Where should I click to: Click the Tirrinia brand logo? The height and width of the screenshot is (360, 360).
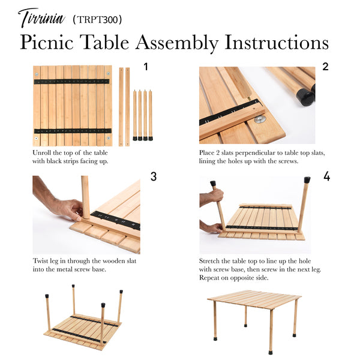(x=41, y=18)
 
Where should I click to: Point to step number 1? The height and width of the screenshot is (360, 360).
(x=145, y=66)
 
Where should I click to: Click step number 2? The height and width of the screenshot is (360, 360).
(x=325, y=67)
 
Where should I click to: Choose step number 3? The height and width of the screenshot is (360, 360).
(x=154, y=176)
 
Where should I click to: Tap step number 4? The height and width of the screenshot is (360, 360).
(x=326, y=176)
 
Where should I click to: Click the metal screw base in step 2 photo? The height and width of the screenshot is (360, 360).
(x=260, y=119)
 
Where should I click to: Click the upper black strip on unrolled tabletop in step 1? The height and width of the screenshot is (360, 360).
(x=73, y=81)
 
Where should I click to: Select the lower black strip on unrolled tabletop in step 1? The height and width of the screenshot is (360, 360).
(x=73, y=130)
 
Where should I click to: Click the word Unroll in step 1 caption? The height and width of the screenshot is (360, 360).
(x=43, y=153)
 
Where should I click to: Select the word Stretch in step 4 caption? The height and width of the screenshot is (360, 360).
(x=211, y=261)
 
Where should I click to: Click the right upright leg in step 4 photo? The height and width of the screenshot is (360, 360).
(x=303, y=204)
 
